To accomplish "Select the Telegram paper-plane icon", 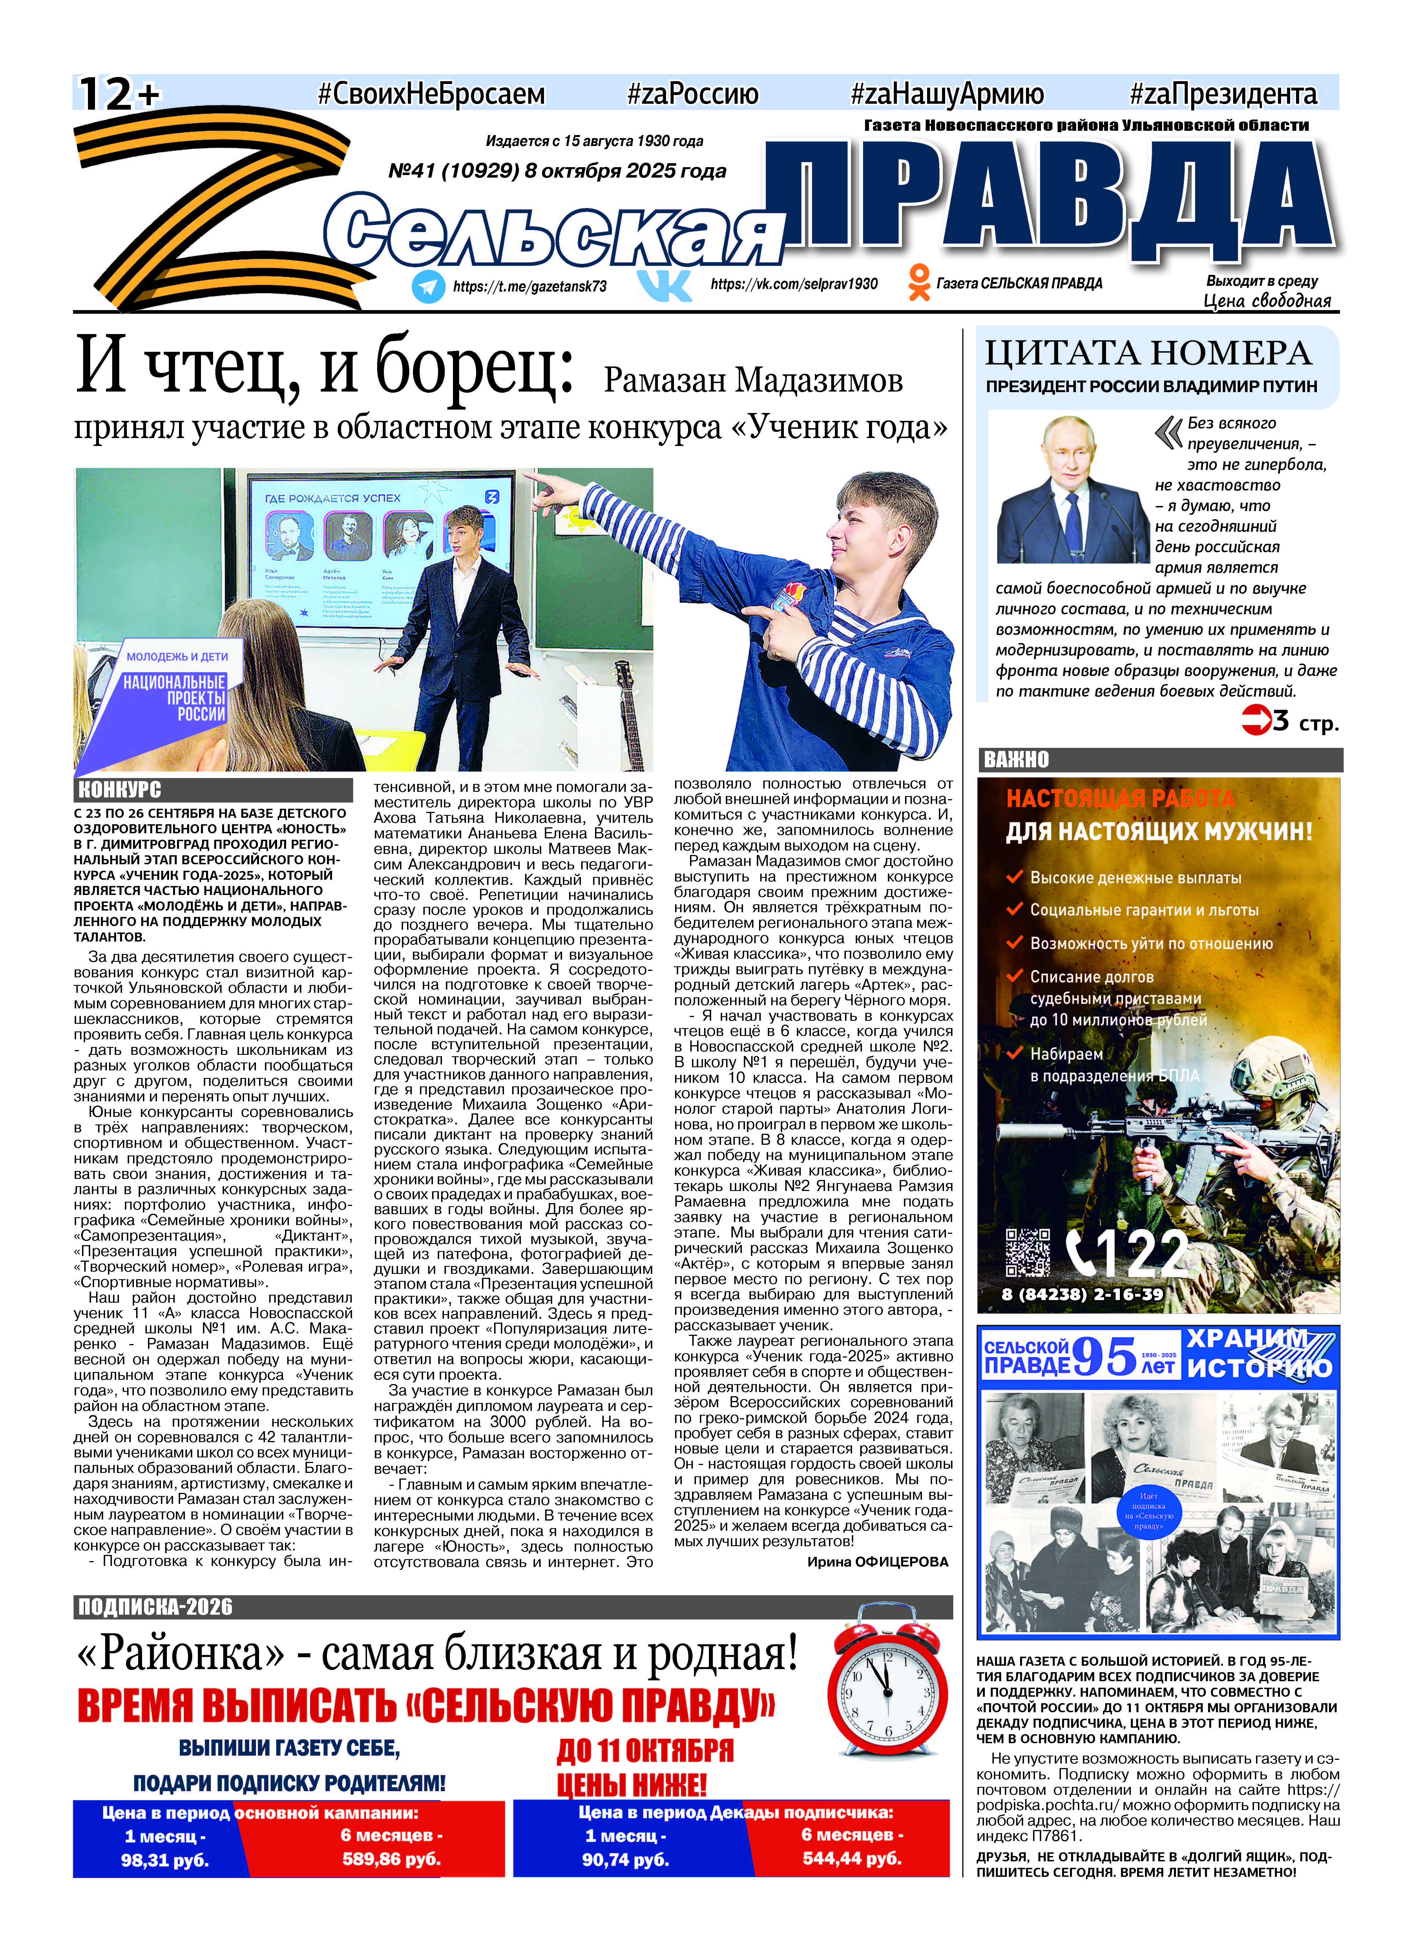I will (x=428, y=286).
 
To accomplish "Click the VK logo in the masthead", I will (x=664, y=284).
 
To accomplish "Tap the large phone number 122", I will (x=1129, y=1254).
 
